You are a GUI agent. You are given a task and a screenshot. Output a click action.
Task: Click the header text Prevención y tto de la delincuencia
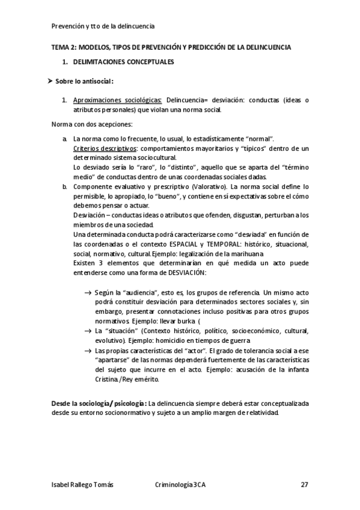[x=103, y=26]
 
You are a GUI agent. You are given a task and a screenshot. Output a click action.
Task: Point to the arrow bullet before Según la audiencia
[x=88, y=292]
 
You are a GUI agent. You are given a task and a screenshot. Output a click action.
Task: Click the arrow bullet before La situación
[x=88, y=331]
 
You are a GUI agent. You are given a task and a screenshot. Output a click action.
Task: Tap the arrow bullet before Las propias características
[x=88, y=351]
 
